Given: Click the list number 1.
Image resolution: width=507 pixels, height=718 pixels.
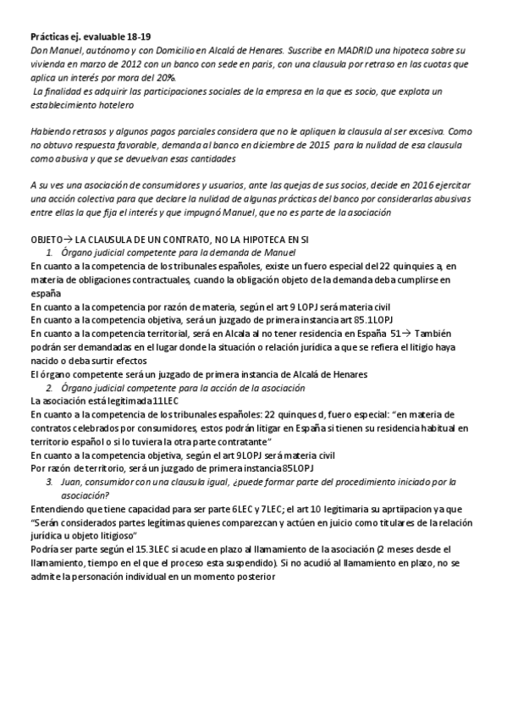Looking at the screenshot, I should [50, 253].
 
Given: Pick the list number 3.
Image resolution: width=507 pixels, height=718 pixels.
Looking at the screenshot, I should [50, 481].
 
